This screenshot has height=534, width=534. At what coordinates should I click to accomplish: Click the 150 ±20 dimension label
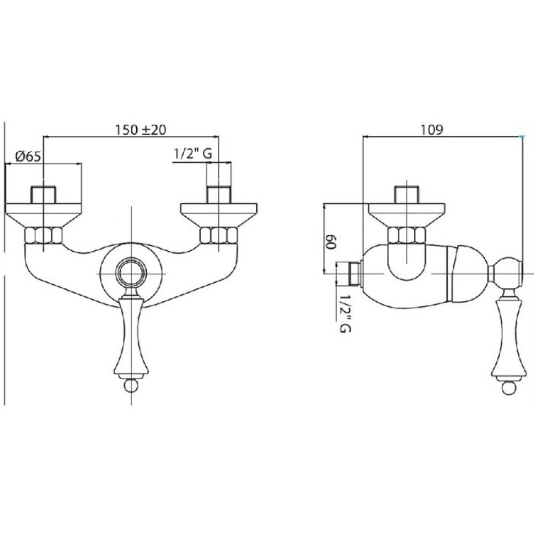coord(140,129)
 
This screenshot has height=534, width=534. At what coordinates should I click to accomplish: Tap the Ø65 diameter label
coord(28,156)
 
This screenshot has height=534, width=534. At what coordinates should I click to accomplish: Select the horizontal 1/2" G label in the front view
coord(193,154)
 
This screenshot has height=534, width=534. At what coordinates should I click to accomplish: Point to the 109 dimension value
coord(431,129)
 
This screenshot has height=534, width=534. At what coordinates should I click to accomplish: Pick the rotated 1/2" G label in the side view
coord(345,313)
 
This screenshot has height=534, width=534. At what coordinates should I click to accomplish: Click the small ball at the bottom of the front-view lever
coord(131,385)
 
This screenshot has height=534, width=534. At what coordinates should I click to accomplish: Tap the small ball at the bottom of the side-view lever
coord(509,387)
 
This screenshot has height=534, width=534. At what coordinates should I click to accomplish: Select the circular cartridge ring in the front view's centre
coord(131,274)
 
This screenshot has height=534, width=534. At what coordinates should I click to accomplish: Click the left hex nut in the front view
coord(43,236)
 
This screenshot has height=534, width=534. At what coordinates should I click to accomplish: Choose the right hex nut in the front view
coord(219,236)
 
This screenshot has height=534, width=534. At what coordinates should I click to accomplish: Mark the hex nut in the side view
coord(407,236)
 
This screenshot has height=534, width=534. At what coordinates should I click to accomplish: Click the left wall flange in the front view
coord(43,215)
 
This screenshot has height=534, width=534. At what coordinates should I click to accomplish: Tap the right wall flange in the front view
coord(219,215)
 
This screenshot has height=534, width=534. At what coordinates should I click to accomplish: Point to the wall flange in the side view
coord(407,215)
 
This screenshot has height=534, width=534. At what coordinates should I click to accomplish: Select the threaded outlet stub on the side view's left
coord(348,273)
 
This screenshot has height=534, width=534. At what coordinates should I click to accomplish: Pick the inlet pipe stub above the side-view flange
coord(407,195)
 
